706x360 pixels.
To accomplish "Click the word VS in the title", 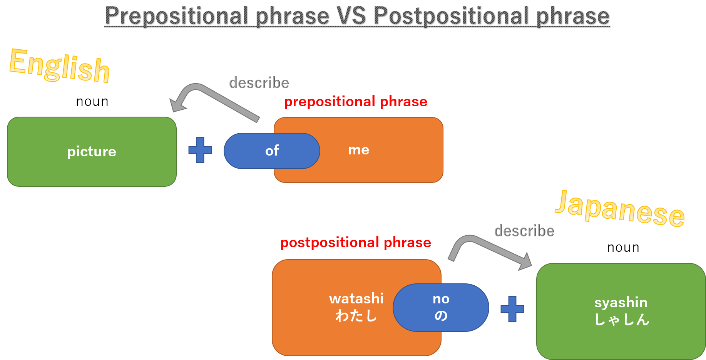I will [351, 16].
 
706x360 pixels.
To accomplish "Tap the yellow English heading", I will [60, 66].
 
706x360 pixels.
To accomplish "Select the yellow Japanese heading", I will [619, 209].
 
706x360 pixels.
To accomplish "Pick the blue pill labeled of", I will [272, 151].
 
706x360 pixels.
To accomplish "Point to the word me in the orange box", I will [358, 150].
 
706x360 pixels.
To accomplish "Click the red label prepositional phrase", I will [356, 102].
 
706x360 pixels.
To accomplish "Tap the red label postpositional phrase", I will [356, 243].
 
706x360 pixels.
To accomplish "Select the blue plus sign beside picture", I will [200, 150].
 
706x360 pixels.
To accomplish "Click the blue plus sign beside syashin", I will [512, 309].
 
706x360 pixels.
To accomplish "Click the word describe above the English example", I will [259, 83].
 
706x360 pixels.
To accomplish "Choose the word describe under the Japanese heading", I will [524, 231].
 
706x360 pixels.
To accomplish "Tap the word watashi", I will [356, 298].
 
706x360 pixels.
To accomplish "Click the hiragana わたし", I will [356, 316].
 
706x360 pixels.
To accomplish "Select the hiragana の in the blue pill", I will [441, 316].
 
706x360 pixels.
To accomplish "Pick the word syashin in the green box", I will [621, 302].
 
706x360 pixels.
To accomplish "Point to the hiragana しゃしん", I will [622, 320].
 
